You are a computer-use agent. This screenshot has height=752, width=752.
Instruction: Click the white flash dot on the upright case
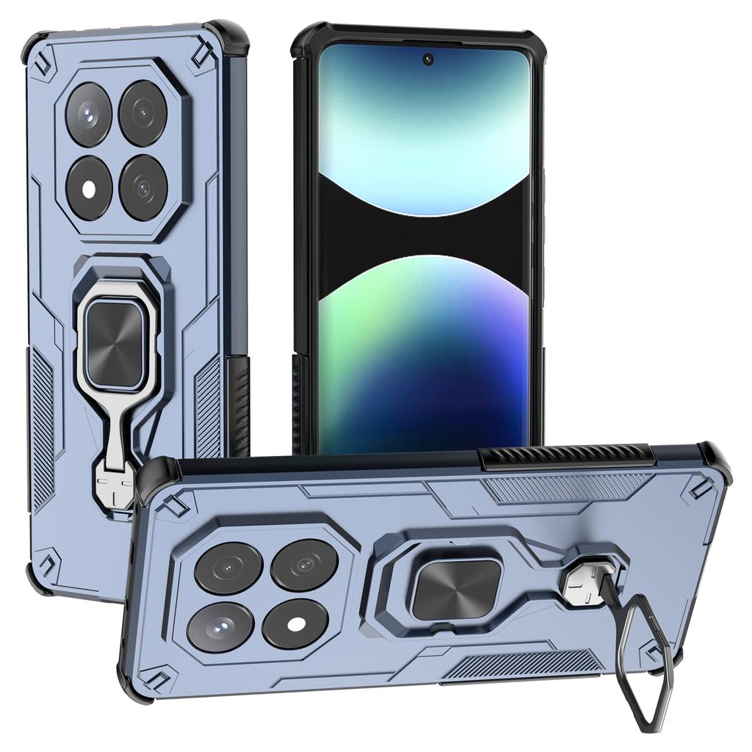(x=89, y=189)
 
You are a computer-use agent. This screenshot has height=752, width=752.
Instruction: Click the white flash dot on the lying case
(x=296, y=624)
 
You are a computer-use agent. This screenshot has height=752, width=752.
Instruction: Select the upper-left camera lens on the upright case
(x=89, y=114)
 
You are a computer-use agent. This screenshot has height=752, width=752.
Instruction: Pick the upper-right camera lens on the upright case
(x=143, y=112)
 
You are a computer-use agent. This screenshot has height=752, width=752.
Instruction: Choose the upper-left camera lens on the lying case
(x=228, y=568)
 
